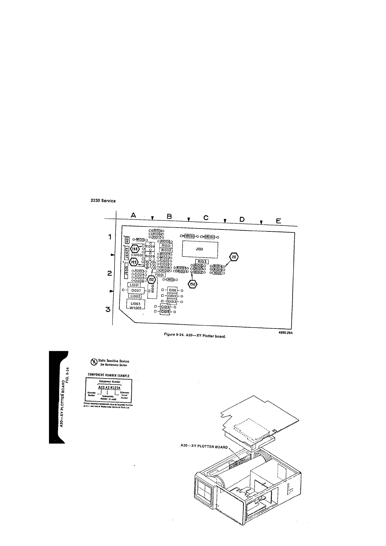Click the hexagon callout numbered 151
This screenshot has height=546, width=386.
(234, 256)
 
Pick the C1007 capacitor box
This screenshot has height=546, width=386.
(136, 291)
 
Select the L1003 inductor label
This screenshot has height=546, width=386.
(135, 304)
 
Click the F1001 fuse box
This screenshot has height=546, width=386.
(161, 274)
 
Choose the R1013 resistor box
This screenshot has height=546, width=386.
(202, 261)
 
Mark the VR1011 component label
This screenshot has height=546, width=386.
(189, 236)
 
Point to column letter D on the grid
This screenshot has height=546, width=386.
(242, 219)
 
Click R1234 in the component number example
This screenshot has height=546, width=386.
(116, 388)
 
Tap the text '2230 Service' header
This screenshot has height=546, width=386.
(103, 201)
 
